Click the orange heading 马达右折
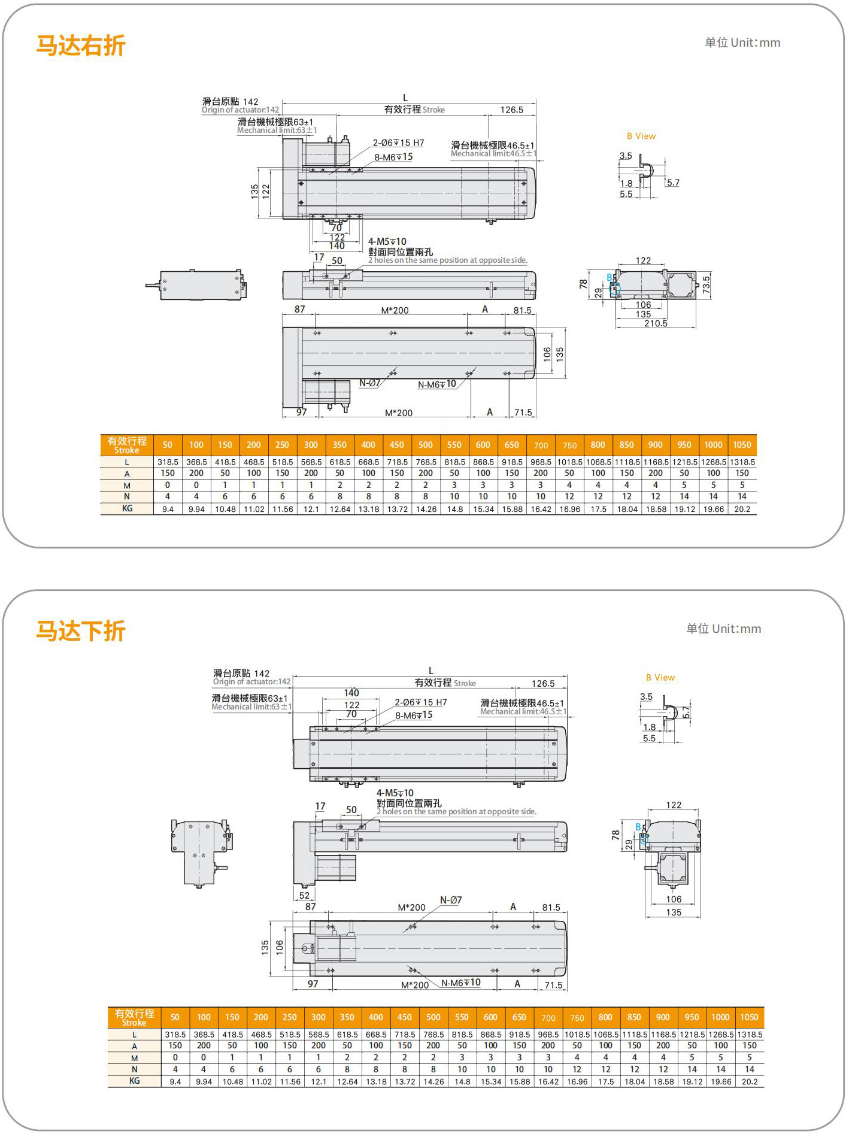point(81,46)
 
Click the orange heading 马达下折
point(81,631)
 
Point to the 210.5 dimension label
point(656,323)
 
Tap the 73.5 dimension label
point(706,284)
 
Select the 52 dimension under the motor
point(305,895)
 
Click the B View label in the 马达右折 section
point(641,136)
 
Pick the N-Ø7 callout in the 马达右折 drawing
point(369,383)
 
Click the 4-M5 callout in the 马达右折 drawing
point(387,242)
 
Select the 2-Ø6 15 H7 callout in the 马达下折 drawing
point(420,702)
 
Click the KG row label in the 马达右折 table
point(127,508)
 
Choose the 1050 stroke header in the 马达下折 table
point(749,1017)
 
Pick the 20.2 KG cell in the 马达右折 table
point(742,509)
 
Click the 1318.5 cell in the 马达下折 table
point(750,1034)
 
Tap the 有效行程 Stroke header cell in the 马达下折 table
point(134,1017)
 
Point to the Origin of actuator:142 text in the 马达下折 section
point(251,681)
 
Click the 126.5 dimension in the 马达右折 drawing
point(512,110)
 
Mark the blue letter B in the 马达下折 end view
point(638,827)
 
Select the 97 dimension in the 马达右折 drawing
point(302,412)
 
